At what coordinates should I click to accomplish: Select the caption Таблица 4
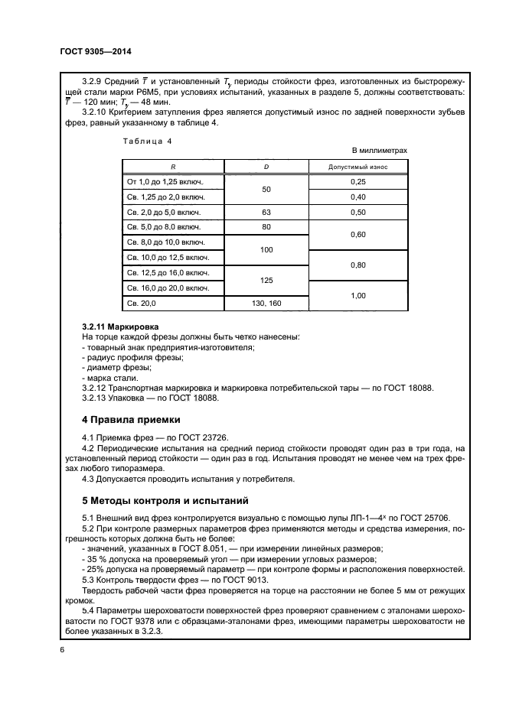point(147,141)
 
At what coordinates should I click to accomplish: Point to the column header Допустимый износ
point(357,166)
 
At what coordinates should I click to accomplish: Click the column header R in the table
point(172,166)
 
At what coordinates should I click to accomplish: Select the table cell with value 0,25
point(357,181)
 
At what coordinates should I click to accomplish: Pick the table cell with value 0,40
point(357,197)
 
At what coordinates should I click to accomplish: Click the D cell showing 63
point(266,212)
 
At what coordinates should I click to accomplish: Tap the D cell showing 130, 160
point(266,303)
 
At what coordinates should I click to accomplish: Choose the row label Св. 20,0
point(143,303)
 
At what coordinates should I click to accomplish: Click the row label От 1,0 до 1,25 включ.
point(162,181)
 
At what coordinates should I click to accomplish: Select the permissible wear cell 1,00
point(357,295)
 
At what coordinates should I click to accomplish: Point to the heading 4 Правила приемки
point(130,419)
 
